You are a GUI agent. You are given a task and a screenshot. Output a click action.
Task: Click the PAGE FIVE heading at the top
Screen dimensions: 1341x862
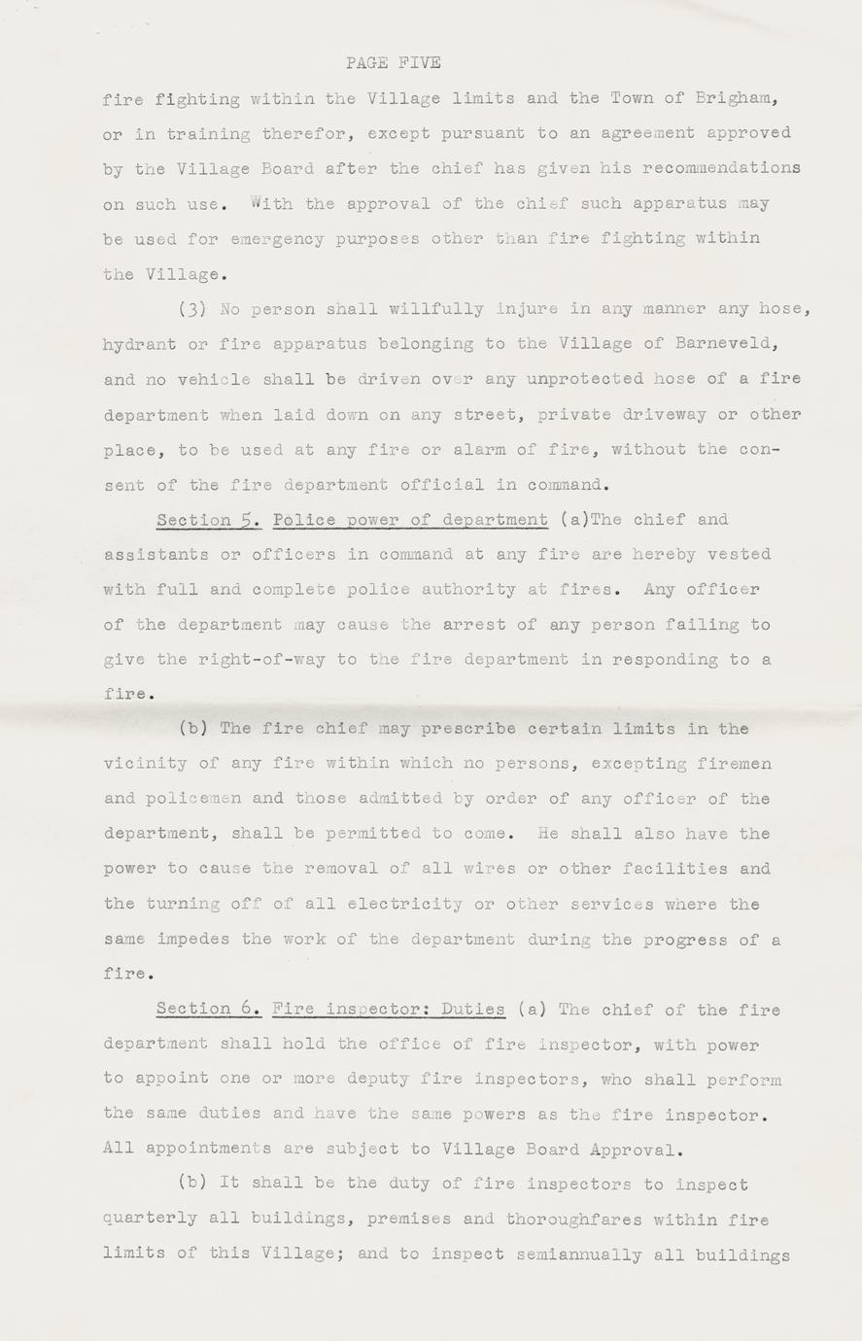pyautogui.click(x=393, y=63)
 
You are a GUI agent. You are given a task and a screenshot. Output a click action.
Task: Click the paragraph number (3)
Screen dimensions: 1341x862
pyautogui.click(x=190, y=310)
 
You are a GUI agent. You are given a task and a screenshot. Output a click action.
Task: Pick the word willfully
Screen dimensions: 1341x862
pyautogui.click(x=436, y=310)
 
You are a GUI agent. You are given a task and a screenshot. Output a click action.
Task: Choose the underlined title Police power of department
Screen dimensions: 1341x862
pyautogui.click(x=411, y=520)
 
